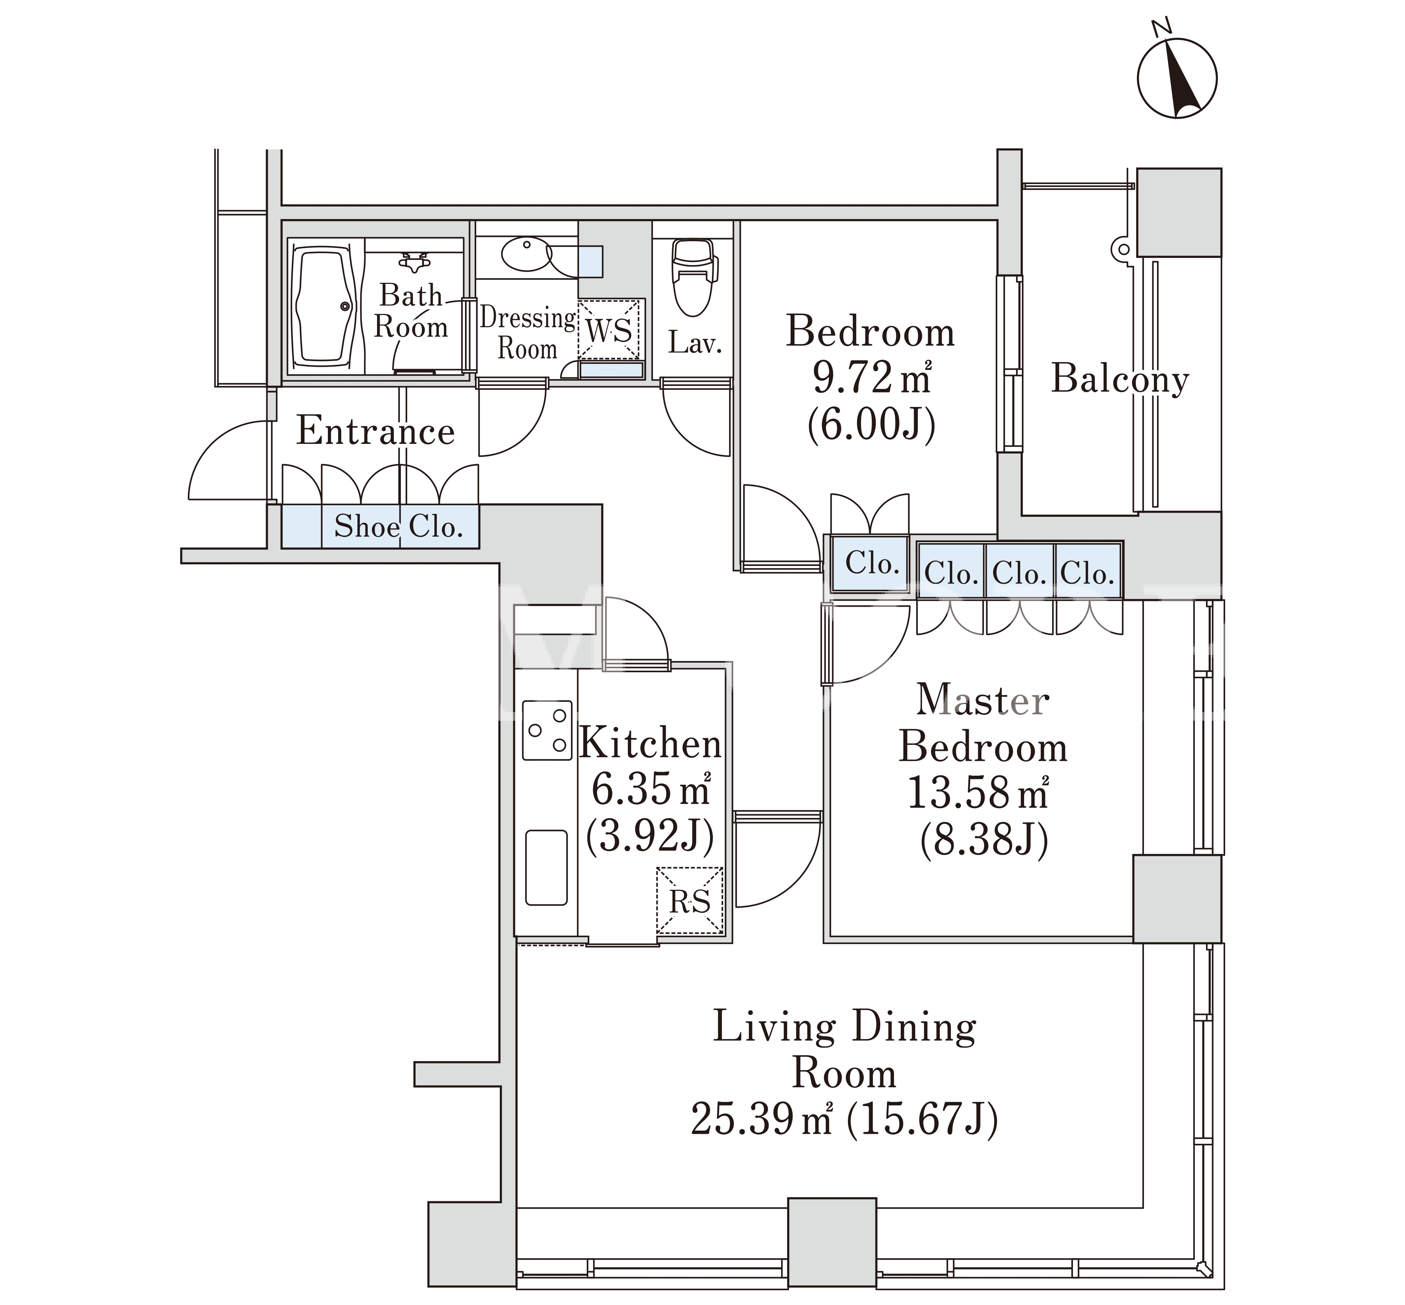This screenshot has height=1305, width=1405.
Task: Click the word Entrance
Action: pyautogui.click(x=376, y=431)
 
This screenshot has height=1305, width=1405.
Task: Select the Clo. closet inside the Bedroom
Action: pyautogui.click(x=871, y=563)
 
